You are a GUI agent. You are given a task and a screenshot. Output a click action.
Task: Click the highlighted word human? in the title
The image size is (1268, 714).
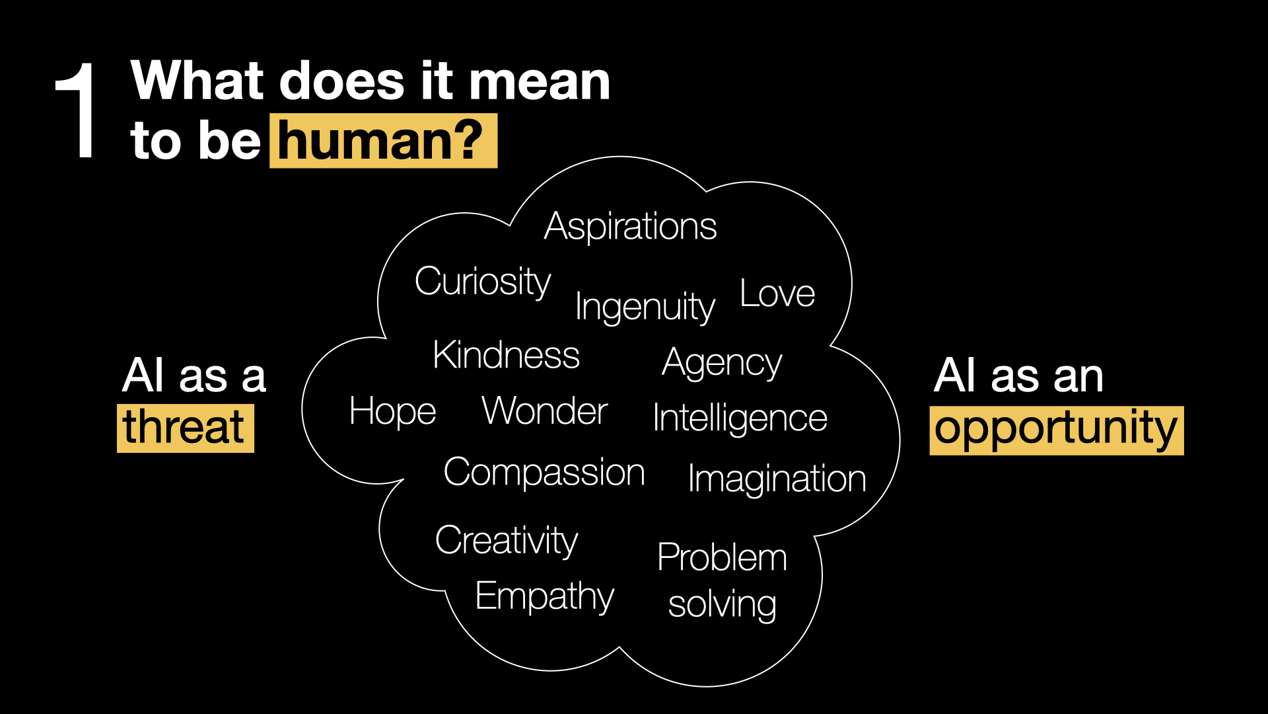tap(382, 141)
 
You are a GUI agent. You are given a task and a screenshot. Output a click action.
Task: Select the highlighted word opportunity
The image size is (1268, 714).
tap(1056, 430)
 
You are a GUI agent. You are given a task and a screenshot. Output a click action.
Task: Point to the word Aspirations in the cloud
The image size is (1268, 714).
tap(631, 227)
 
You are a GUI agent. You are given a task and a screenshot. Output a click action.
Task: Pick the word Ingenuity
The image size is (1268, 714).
tap(645, 307)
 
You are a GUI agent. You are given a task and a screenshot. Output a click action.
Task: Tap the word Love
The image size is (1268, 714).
tap(777, 294)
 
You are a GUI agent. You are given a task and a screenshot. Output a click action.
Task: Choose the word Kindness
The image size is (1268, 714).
tap(507, 355)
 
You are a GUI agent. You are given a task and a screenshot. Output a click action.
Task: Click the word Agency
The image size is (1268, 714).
tap(722, 364)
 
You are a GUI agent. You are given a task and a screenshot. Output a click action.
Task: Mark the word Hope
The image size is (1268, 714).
tap(393, 413)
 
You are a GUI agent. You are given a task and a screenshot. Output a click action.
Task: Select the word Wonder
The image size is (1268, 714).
tap(545, 411)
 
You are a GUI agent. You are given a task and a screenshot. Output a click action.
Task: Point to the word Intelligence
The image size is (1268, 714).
tap(740, 419)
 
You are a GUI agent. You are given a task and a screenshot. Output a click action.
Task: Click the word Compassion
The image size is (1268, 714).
tap(544, 473)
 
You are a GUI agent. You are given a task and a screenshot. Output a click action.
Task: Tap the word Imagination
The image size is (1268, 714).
tap(777, 479)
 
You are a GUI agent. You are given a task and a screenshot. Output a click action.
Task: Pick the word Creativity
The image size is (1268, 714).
tap(507, 541)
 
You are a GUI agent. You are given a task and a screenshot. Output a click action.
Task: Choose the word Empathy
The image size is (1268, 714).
tap(545, 598)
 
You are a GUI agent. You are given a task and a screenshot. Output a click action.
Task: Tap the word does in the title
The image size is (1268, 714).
tap(342, 81)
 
